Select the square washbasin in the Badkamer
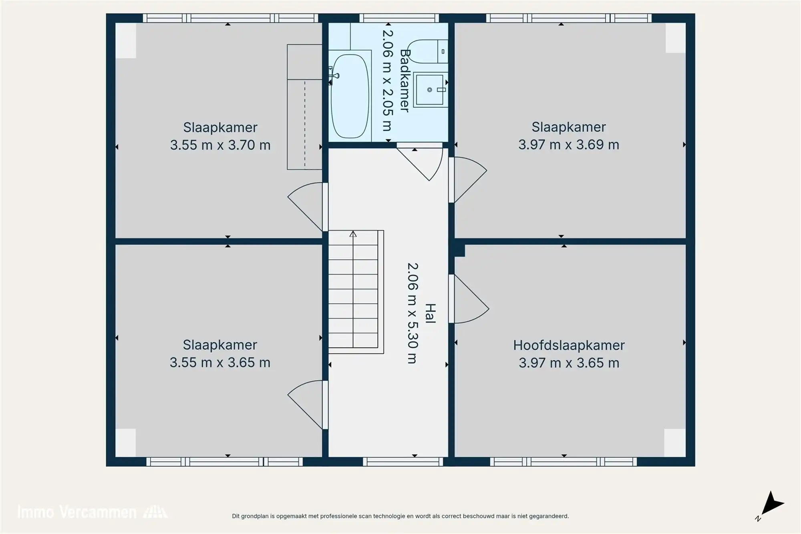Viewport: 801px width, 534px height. [430, 90]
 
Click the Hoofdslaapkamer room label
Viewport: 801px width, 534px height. [569, 345]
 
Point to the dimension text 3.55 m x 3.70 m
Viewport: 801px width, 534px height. [220, 145]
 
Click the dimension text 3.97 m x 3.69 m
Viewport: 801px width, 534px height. [569, 145]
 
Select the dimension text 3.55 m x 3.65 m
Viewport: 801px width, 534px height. [220, 363]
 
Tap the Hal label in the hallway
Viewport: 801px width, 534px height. [430, 313]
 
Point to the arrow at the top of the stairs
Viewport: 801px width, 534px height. [353, 234]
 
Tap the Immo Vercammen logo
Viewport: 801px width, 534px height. [92, 512]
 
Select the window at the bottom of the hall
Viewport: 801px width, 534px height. [403, 462]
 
